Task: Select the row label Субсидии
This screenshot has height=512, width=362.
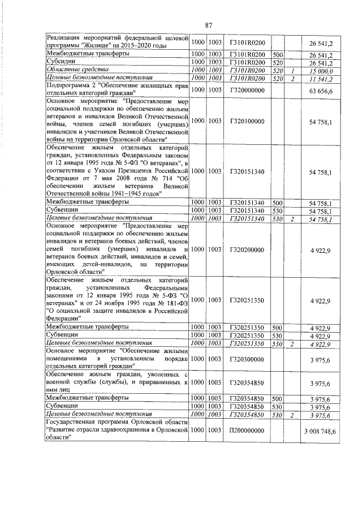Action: pyautogui.click(x=59, y=63)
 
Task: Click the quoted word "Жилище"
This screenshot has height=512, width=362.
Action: pyautogui.click(x=97, y=45)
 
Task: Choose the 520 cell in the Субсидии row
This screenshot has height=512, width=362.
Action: pyautogui.click(x=277, y=63)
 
